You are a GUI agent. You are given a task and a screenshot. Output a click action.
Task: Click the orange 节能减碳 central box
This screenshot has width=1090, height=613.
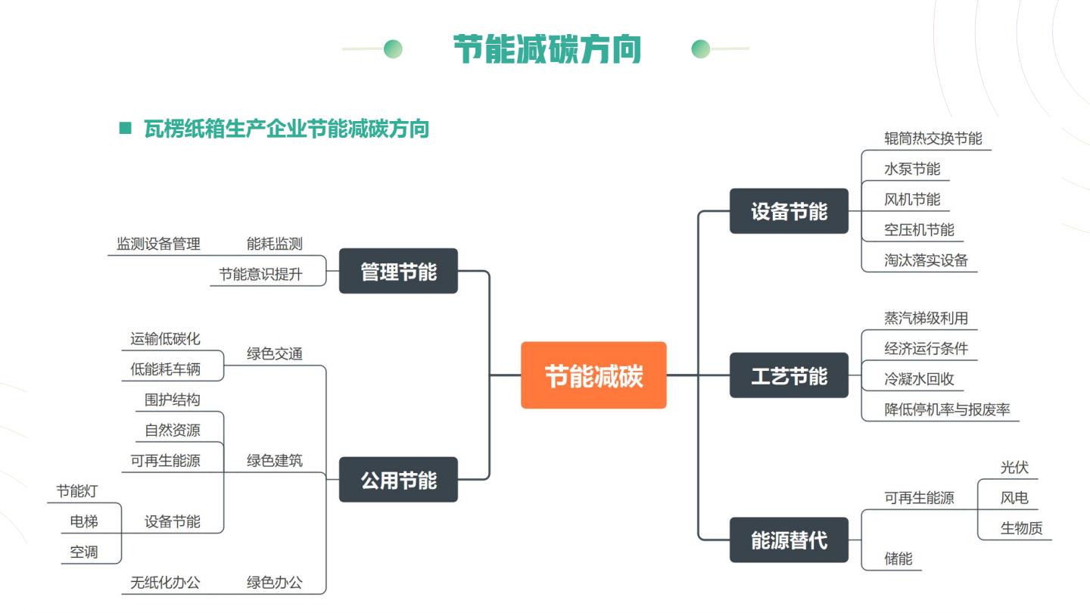click(593, 375)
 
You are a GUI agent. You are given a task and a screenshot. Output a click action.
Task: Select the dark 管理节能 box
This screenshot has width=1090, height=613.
click(398, 271)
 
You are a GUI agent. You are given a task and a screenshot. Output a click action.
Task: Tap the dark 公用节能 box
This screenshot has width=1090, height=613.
click(398, 480)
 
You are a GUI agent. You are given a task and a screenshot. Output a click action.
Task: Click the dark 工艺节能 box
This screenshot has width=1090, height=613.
click(789, 375)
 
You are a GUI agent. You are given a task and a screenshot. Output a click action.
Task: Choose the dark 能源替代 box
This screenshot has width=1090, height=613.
click(789, 540)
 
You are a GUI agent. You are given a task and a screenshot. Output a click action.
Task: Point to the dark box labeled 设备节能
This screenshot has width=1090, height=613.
click(789, 211)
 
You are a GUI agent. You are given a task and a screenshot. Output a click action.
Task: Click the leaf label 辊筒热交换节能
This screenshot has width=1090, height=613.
click(933, 138)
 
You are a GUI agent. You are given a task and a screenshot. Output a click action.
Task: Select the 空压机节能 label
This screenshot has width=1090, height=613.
click(919, 229)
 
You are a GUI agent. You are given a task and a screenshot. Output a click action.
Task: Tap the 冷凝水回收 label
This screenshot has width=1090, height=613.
click(919, 379)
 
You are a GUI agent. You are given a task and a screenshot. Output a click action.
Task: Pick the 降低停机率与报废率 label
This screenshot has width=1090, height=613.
click(947, 409)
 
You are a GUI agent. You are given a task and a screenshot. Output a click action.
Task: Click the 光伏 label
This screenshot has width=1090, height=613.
click(1014, 468)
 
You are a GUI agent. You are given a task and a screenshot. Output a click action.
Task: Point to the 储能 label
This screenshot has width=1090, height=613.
click(898, 559)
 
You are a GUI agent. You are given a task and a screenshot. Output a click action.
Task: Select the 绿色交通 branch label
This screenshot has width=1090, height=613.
click(275, 353)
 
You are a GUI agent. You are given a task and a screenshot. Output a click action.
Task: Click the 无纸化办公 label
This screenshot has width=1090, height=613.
click(165, 583)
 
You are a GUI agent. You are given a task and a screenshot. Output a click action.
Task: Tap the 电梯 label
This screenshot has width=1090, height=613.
click(84, 521)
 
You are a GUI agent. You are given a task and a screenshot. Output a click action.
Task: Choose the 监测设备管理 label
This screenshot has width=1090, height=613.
click(158, 244)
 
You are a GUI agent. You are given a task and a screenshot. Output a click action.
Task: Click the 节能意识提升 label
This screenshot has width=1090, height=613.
click(260, 275)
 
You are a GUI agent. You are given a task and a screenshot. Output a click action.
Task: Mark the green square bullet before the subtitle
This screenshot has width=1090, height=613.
click(126, 128)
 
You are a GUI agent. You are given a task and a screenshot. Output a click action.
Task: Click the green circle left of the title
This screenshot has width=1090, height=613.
click(393, 48)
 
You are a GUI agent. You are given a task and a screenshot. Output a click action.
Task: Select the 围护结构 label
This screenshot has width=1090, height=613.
click(173, 400)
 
